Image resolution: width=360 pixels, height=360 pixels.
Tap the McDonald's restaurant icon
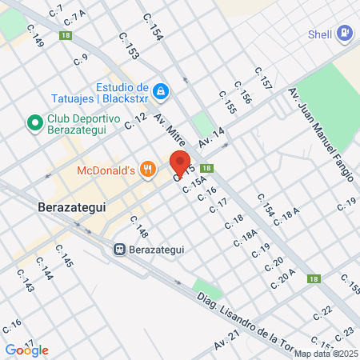(146, 169)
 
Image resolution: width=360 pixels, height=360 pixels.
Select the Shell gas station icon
(345, 34)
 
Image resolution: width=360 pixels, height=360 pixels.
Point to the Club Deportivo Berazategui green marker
(34, 123)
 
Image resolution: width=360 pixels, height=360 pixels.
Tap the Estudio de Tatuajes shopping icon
(162, 92)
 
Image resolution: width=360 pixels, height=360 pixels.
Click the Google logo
(27, 350)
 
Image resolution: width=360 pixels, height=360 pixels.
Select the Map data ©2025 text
(326, 354)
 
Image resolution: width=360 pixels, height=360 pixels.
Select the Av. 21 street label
(226, 342)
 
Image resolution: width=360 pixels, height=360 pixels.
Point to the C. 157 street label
(263, 78)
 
